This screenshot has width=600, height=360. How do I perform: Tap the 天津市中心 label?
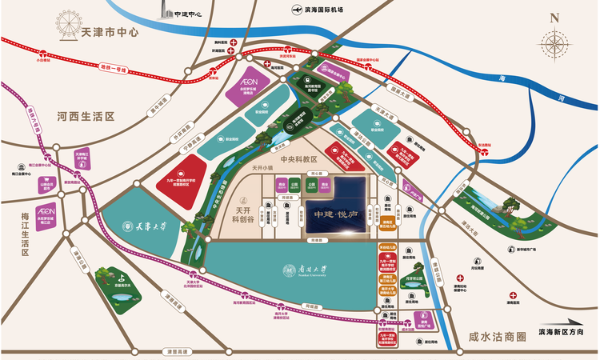(x=110, y=34)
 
